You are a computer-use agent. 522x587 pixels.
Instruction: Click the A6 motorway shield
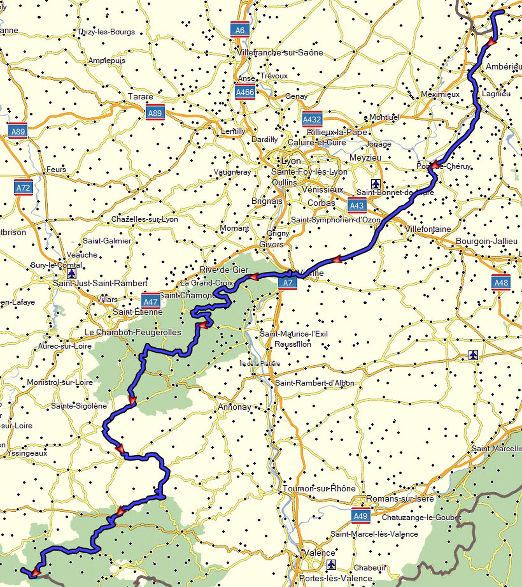(x=240, y=30)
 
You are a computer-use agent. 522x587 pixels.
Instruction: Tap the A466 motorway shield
(x=245, y=92)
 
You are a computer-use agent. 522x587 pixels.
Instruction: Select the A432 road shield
(x=312, y=119)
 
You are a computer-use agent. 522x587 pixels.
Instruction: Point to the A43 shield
(x=357, y=205)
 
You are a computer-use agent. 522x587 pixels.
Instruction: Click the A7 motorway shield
(x=287, y=282)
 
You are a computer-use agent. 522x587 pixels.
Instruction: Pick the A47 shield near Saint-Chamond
(x=151, y=301)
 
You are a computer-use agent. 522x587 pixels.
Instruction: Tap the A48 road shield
(x=501, y=282)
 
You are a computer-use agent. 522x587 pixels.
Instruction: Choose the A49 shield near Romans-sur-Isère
(x=361, y=516)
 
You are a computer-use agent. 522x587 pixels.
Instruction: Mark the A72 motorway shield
(x=23, y=187)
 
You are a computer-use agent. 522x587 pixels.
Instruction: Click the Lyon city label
(x=291, y=161)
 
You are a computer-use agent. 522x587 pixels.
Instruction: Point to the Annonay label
(x=234, y=407)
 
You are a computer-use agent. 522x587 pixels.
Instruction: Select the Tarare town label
(x=140, y=96)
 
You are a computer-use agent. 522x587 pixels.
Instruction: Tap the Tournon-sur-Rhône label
(x=319, y=488)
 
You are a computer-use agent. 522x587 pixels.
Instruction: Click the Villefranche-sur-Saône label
(x=280, y=52)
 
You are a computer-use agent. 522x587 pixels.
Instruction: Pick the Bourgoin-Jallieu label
(x=487, y=241)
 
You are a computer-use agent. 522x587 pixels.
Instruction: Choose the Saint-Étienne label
(x=138, y=312)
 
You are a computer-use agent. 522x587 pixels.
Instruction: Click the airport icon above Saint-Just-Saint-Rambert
(x=71, y=274)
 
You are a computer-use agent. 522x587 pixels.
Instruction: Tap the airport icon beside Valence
(x=331, y=564)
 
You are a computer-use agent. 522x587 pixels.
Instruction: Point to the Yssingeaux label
(x=27, y=453)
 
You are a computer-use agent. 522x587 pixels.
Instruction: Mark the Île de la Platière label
(x=259, y=363)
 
